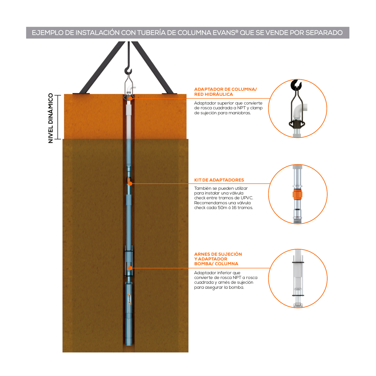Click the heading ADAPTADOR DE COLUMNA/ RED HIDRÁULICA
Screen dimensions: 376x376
pyautogui.click(x=226, y=92)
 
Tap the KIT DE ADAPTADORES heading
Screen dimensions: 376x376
pyautogui.click(x=219, y=180)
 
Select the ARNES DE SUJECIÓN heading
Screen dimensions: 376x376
pyautogui.click(x=218, y=254)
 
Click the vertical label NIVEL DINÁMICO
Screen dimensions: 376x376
pyautogui.click(x=51, y=118)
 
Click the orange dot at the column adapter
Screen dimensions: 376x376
pyautogui.click(x=130, y=99)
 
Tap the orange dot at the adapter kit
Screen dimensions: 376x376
pyautogui.click(x=130, y=184)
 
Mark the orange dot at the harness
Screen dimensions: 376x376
pyautogui.click(x=130, y=268)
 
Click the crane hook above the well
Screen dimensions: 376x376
pyautogui.click(x=128, y=71)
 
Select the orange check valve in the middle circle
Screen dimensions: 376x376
pyautogui.click(x=298, y=195)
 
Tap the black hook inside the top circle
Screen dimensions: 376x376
pyautogui.click(x=296, y=85)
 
